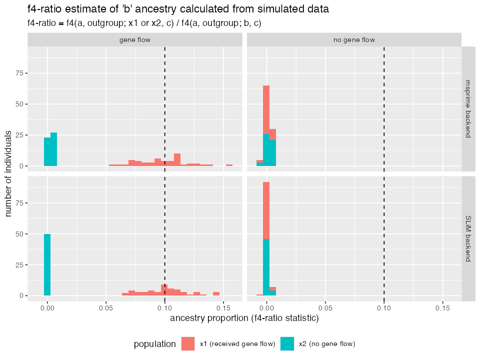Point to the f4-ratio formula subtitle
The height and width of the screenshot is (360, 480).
(x=144, y=23)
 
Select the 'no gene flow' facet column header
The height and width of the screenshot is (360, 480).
(x=354, y=39)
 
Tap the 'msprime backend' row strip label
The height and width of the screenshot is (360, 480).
(x=468, y=108)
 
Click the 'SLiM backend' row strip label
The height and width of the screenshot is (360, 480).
(x=468, y=238)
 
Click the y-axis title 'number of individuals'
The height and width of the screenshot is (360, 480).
(x=9, y=173)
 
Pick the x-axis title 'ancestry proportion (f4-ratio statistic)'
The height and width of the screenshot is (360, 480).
(x=244, y=317)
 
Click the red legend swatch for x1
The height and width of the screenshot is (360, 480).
(x=188, y=343)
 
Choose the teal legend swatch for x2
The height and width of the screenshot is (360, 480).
(x=287, y=343)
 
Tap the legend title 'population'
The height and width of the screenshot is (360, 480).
(x=154, y=344)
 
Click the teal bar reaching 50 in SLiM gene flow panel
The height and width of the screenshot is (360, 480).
(x=47, y=265)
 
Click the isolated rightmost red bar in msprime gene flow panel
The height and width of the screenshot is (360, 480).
(x=229, y=165)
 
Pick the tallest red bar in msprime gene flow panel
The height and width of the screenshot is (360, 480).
(x=177, y=159)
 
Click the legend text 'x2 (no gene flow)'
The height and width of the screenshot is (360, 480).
(x=327, y=344)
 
